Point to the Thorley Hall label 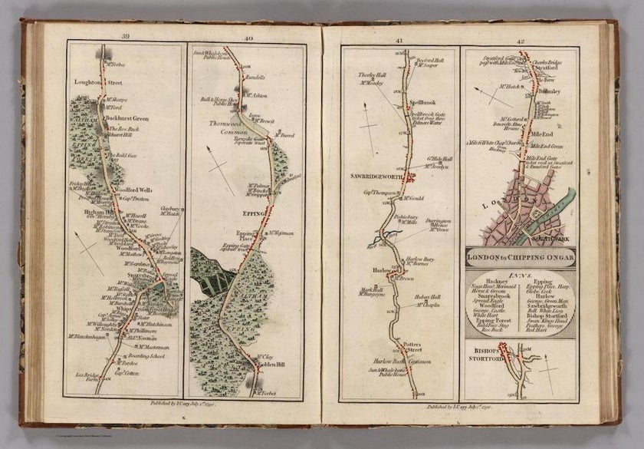(371, 75)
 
